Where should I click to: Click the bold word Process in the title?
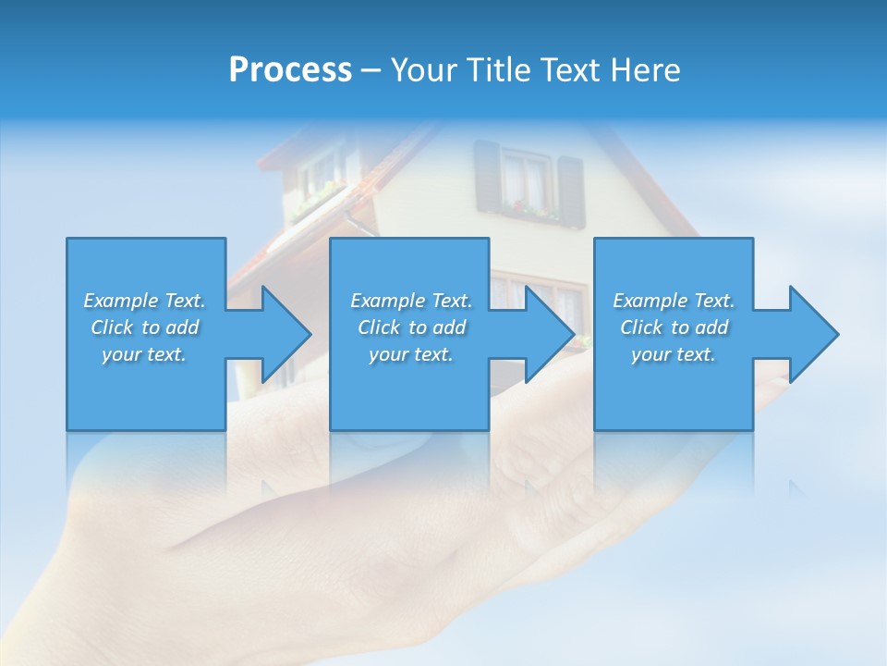point(290,70)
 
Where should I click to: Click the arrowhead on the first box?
point(282,334)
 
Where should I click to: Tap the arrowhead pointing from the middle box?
point(546,334)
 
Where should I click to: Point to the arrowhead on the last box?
point(810,334)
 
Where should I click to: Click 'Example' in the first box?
point(121,301)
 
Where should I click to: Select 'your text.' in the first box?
point(144,354)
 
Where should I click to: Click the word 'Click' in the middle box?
point(380,327)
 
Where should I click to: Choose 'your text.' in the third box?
point(674,354)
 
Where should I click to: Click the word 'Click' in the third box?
point(642,327)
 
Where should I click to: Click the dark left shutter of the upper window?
point(487,178)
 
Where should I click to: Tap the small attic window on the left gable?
point(319,174)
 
